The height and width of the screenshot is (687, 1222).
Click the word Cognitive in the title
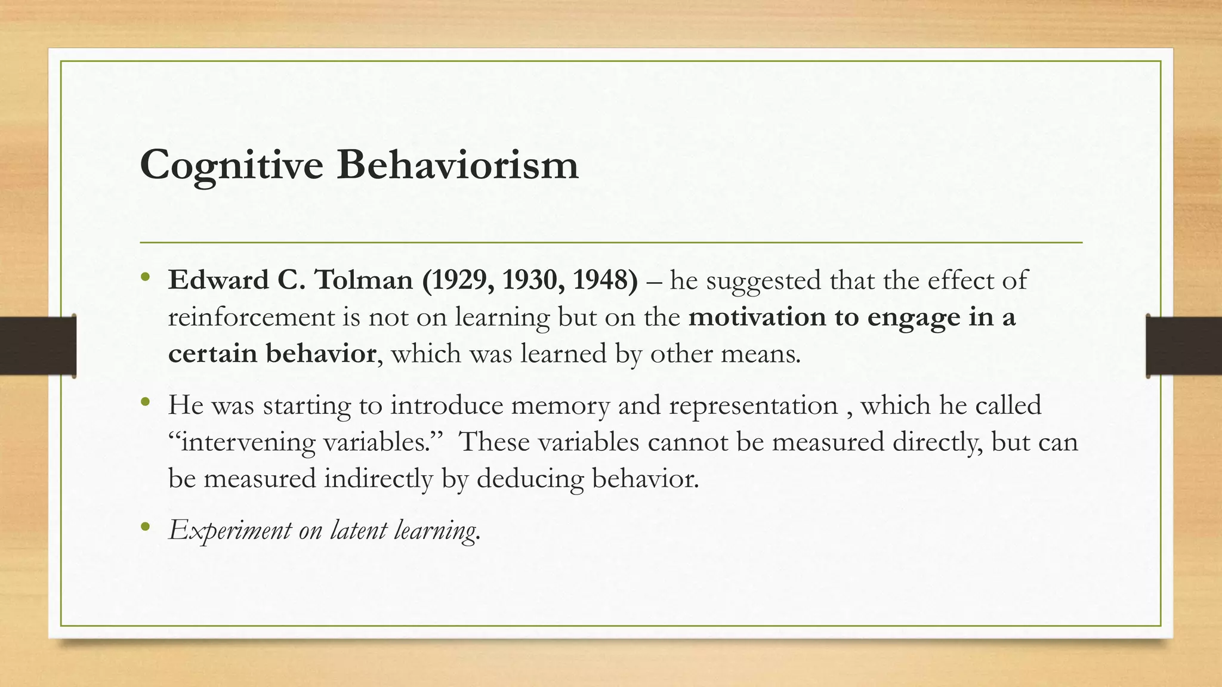232,165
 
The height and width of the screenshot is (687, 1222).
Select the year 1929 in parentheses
461,280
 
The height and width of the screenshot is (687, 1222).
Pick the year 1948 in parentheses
603,280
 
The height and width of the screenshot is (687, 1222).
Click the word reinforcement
251,317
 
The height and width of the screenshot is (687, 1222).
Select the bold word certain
212,354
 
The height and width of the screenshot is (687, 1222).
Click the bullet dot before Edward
145,278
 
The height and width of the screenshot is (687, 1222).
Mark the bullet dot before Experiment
145,527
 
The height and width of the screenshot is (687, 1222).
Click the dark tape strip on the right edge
1184,346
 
